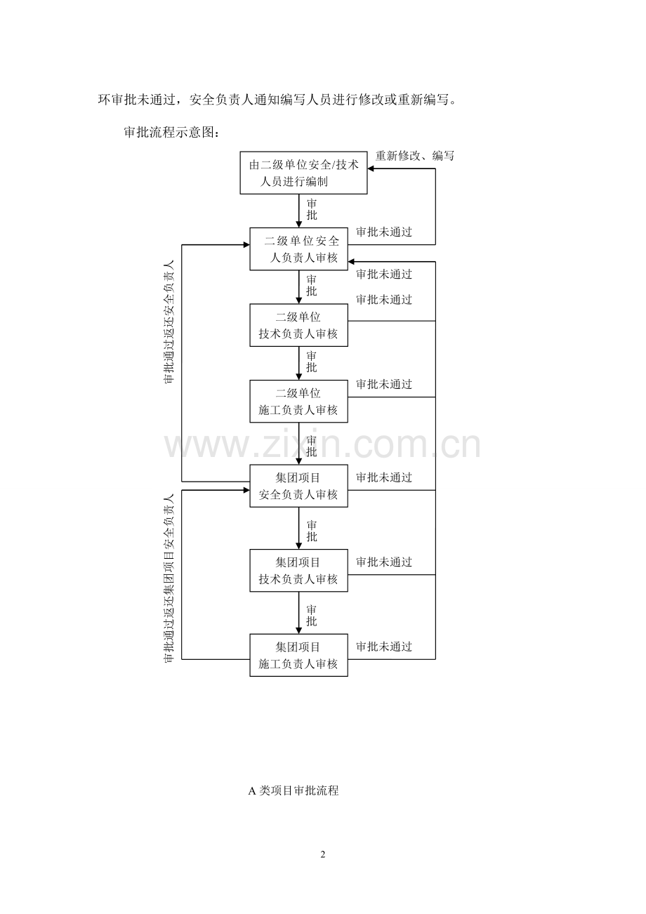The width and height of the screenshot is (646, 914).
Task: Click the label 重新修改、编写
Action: (414, 155)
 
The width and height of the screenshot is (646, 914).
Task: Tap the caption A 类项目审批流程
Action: (294, 790)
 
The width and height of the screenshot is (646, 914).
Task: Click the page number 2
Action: (323, 854)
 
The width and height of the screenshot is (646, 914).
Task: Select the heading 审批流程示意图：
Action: (172, 132)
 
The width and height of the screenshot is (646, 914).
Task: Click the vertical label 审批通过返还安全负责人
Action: (169, 322)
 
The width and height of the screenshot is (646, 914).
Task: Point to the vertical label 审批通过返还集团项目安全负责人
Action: (169, 578)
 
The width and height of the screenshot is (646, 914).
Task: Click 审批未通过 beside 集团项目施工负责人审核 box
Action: (384, 647)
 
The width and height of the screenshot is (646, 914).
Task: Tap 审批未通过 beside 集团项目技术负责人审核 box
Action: (384, 562)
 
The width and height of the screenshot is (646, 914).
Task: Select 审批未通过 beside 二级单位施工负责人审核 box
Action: (384, 384)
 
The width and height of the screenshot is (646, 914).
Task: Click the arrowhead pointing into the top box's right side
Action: (371, 168)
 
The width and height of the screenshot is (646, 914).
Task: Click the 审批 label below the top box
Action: (311, 209)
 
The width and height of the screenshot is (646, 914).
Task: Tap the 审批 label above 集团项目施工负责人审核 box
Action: (311, 616)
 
